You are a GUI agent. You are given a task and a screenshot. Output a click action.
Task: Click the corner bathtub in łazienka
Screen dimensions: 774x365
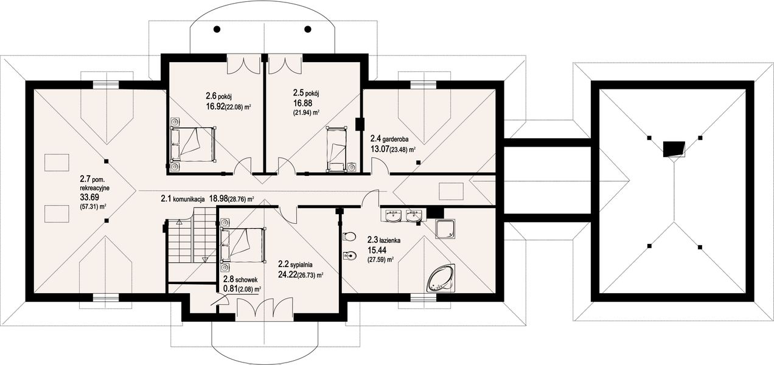pyautogui.click(x=442, y=279)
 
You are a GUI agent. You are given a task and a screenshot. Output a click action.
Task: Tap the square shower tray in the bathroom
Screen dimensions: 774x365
pyautogui.click(x=445, y=229)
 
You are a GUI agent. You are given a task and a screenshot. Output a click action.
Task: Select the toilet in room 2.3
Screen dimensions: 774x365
pyautogui.click(x=349, y=237)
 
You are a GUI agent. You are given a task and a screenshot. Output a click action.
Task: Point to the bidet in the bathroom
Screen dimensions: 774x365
pyautogui.click(x=349, y=256)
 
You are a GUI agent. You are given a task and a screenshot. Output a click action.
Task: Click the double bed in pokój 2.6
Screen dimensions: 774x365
pyautogui.click(x=192, y=144)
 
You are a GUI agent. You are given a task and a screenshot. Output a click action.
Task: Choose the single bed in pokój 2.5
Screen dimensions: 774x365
pyautogui.click(x=336, y=148)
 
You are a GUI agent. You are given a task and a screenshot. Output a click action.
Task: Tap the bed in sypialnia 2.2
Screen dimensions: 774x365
pyautogui.click(x=243, y=245)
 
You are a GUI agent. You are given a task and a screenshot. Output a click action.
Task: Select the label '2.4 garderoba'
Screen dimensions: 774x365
pyautogui.click(x=389, y=139)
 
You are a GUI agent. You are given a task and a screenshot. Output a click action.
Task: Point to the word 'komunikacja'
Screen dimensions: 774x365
pyautogui.click(x=189, y=199)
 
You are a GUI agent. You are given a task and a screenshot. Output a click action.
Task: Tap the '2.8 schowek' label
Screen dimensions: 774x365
pyautogui.click(x=240, y=279)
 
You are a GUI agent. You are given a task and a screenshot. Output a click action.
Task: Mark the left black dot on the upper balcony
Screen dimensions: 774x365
pyautogui.click(x=217, y=29)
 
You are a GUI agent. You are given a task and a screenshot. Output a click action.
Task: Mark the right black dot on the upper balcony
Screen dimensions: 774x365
pyautogui.click(x=307, y=29)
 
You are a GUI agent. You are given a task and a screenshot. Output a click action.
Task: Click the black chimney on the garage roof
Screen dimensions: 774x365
pyautogui.click(x=674, y=149)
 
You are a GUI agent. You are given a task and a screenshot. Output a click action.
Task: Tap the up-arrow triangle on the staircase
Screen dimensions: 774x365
pyautogui.click(x=179, y=222)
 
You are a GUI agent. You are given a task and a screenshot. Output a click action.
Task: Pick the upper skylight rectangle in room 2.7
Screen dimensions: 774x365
pyautogui.click(x=57, y=162)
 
